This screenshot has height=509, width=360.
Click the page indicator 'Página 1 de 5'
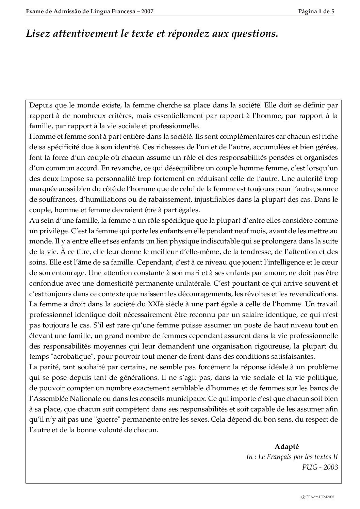tap(316, 11)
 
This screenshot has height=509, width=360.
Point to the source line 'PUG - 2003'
tap(320, 467)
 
